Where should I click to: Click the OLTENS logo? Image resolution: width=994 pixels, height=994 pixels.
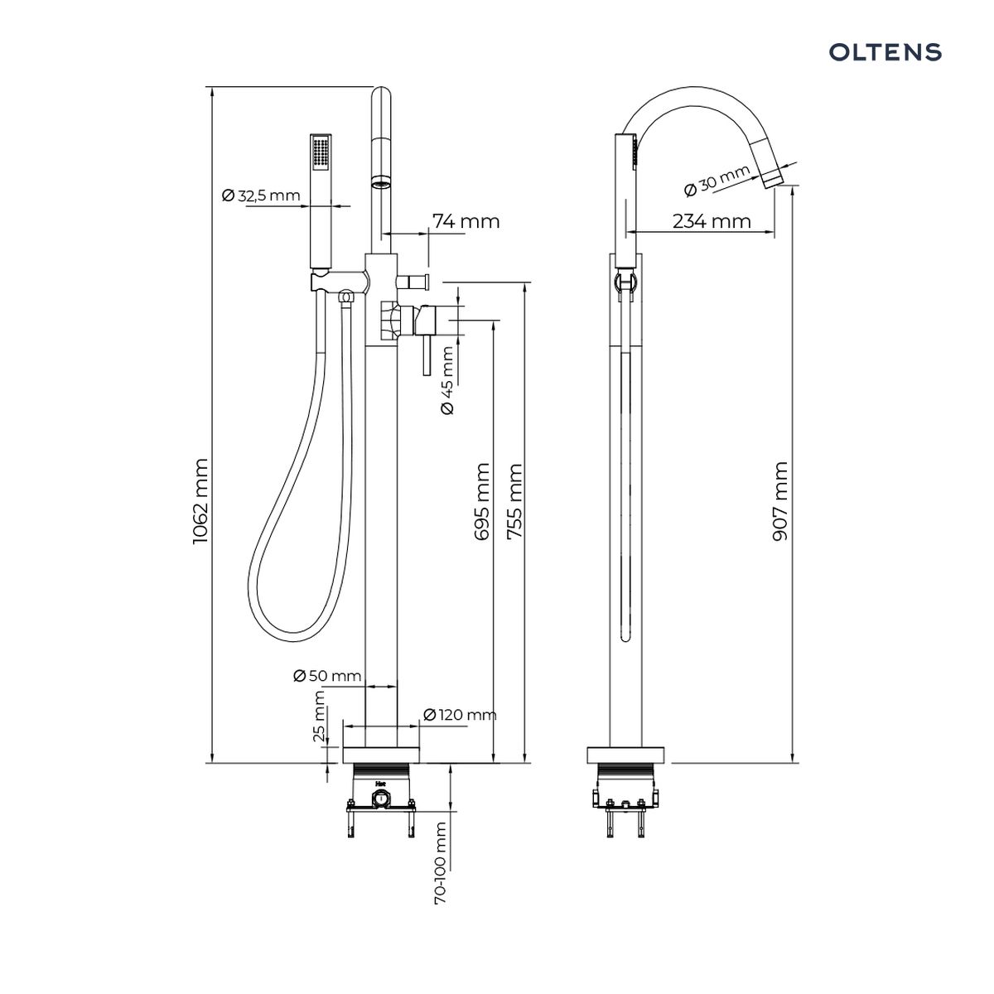885,53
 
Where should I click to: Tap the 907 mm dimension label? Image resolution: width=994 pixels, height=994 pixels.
779,501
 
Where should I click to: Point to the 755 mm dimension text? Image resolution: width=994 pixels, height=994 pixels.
514,501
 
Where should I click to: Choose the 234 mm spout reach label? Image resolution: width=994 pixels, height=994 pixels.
712,221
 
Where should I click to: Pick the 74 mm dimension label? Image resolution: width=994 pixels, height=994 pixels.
466,221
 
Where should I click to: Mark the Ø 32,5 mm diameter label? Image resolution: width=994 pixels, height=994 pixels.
260,196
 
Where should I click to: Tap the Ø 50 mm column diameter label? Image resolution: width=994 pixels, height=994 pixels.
327,676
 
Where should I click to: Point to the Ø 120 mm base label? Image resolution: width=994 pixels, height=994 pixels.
460,715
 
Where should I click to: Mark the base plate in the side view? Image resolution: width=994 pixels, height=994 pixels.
626,755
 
